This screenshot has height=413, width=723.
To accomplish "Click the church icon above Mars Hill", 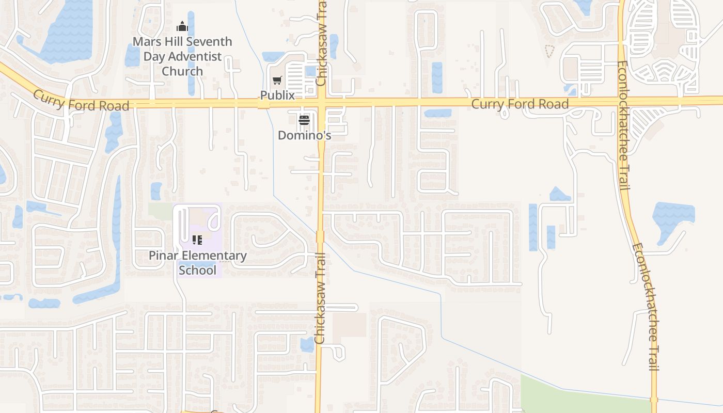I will click(182, 26).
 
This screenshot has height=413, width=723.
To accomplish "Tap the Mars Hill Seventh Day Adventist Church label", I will click(182, 56).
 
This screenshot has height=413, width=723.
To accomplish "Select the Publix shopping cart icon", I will click(277, 81).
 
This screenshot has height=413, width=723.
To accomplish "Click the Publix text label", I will click(277, 96).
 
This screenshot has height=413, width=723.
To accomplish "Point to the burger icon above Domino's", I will click(304, 121).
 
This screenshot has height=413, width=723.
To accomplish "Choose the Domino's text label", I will click(304, 135).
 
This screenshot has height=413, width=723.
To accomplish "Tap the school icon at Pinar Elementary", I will click(197, 240).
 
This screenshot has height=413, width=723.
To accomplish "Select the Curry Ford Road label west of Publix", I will click(81, 100).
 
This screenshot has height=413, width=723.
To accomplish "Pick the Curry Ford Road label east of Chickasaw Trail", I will click(520, 104).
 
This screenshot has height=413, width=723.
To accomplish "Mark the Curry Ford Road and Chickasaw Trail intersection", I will click(321, 103).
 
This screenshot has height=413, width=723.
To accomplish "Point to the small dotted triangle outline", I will click(549, 51).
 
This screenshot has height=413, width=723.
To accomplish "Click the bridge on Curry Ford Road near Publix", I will click(263, 104).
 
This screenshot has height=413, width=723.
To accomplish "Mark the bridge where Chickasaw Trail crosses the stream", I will click(320, 236).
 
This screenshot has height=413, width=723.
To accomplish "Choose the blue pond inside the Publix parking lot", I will click(310, 71).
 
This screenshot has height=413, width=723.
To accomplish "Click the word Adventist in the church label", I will click(188, 56).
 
